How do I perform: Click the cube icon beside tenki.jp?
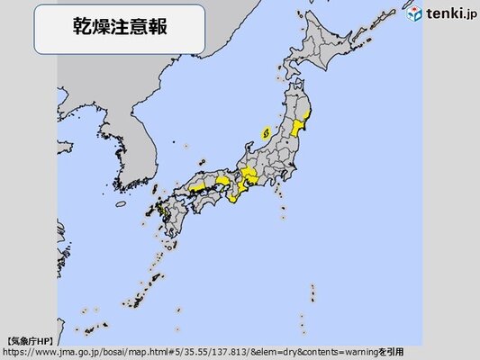415,15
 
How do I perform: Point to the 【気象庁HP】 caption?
30,340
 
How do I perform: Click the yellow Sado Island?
266,132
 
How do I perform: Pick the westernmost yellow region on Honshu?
195,187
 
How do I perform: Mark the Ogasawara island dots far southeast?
313,294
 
